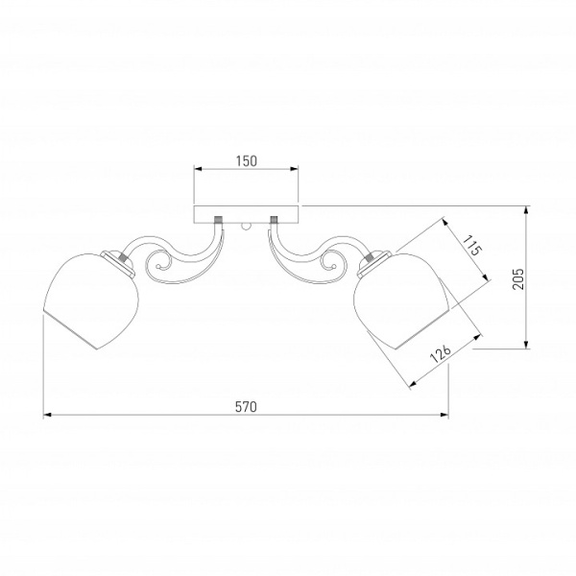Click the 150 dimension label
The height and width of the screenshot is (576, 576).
tap(247, 161)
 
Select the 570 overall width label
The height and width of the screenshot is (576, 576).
tap(246, 407)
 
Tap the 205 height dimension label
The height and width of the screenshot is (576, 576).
tap(518, 278)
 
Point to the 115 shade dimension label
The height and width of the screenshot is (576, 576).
tap(471, 246)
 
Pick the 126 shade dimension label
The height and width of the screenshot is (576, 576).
tap(440, 353)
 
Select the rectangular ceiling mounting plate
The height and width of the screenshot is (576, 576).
tap(246, 214)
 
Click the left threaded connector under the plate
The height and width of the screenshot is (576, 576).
tap(219, 220)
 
